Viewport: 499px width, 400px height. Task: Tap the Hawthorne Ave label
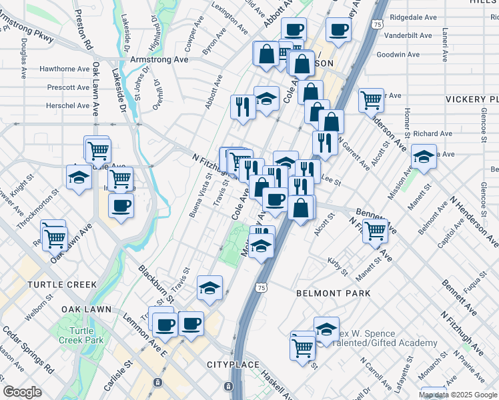coord(65,69)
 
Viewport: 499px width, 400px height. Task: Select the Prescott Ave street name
coord(68,87)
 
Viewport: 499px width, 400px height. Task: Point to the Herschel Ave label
coord(67,105)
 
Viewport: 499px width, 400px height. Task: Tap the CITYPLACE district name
coord(233,365)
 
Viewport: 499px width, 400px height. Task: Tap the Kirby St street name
coord(339,267)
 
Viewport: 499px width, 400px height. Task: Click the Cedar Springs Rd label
coord(27,349)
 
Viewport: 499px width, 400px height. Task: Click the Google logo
coord(23,392)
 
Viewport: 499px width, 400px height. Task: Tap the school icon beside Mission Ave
coord(424,157)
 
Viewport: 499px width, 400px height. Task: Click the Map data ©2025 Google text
coord(457,395)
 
